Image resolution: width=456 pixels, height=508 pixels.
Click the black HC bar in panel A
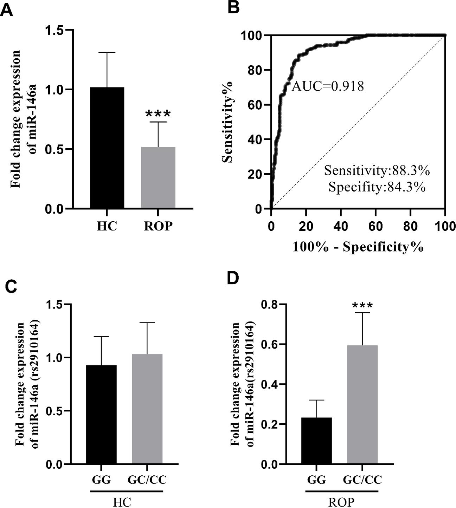coord(107,148)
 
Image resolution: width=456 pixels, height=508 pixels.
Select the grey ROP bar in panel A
coord(158,178)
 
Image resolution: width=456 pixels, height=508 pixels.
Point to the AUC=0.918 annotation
coord(328,86)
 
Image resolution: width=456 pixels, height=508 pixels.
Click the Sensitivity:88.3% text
coord(377,170)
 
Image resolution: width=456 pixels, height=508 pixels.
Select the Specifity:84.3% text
coord(377,187)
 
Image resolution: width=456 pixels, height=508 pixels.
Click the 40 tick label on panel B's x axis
coord(341,226)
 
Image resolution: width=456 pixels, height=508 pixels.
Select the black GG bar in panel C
coord(101,415)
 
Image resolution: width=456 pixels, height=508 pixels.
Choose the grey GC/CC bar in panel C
coord(147,409)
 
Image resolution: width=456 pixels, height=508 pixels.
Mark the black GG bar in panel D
coord(316,441)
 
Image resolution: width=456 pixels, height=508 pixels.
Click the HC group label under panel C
coord(122,501)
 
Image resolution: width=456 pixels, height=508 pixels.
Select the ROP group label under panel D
coord(341,501)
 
